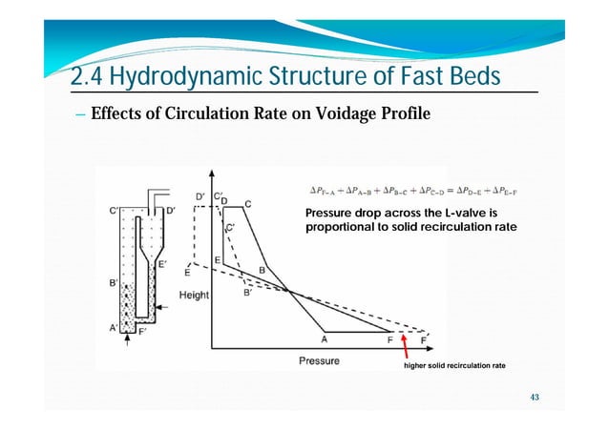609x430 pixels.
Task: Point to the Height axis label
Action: tap(195, 296)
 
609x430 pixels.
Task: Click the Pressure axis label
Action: tap(320, 361)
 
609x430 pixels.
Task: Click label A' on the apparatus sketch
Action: tap(113, 329)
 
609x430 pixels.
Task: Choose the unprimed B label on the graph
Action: tap(262, 270)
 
